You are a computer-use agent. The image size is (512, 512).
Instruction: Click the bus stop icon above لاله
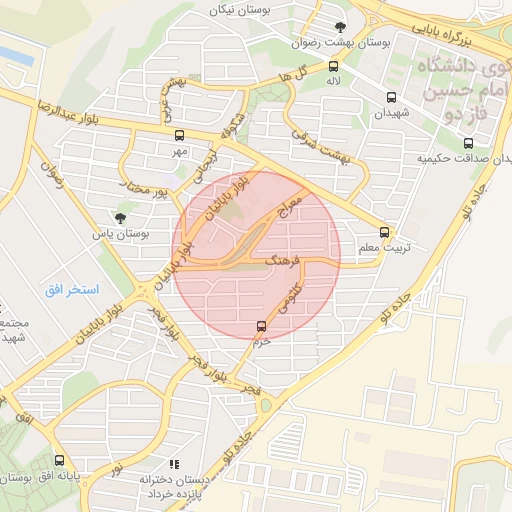333,66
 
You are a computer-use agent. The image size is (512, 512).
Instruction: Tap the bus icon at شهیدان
391,98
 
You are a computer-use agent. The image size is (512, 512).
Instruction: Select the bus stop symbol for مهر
180,135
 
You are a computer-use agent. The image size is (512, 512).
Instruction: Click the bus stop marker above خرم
262,325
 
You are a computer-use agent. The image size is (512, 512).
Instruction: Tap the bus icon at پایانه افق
60,461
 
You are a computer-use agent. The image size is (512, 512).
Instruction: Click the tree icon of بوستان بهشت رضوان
341,27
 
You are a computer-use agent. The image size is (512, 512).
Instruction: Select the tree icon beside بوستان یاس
121,217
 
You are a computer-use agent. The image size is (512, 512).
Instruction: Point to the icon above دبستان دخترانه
175,464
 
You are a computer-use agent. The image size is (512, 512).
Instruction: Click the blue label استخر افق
71,289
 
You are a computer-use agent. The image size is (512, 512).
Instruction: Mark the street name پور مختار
143,185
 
